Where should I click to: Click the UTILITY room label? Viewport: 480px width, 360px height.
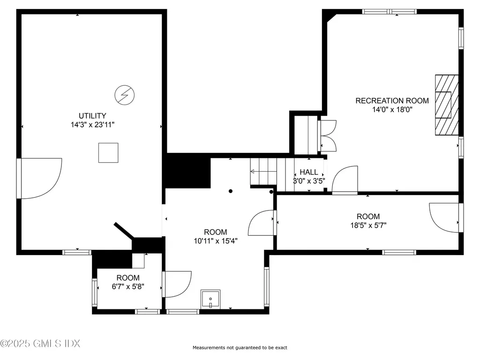92,116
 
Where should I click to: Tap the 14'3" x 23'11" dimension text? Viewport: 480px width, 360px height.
92,125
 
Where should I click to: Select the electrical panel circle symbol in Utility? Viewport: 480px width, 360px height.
125,95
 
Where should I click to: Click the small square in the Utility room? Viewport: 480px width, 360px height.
108,153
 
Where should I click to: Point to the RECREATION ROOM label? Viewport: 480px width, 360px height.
392,101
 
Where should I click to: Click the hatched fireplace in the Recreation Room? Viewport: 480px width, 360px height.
447,105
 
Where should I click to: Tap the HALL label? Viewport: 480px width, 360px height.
308,172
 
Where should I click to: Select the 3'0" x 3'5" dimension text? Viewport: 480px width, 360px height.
309,181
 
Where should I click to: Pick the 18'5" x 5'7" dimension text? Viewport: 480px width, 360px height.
368,225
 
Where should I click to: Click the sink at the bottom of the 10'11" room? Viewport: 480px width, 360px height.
210,300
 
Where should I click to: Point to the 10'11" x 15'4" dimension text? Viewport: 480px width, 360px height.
216,241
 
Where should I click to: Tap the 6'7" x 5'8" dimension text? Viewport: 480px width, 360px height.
128,286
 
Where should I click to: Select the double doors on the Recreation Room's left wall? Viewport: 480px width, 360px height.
328,135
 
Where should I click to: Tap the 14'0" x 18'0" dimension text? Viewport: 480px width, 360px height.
392,110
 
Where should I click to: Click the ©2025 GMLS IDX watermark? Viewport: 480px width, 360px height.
40,344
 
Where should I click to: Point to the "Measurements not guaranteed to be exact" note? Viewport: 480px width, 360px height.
240,347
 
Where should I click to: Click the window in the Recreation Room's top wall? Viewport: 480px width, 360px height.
390,12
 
